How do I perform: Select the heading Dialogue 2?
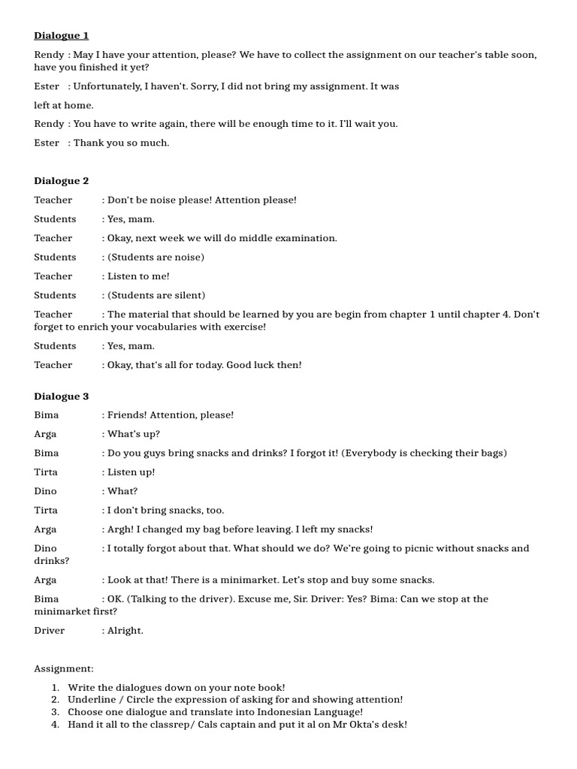click(x=62, y=181)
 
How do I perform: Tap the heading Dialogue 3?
click(x=62, y=397)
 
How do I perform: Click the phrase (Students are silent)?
click(x=156, y=295)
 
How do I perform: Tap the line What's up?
click(x=134, y=434)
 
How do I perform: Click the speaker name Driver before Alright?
click(x=50, y=630)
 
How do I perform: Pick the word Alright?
click(x=125, y=630)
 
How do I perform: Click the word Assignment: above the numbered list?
click(x=64, y=668)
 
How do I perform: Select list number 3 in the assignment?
click(x=55, y=712)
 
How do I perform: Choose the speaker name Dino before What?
click(x=45, y=491)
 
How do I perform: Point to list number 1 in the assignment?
click(x=55, y=687)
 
